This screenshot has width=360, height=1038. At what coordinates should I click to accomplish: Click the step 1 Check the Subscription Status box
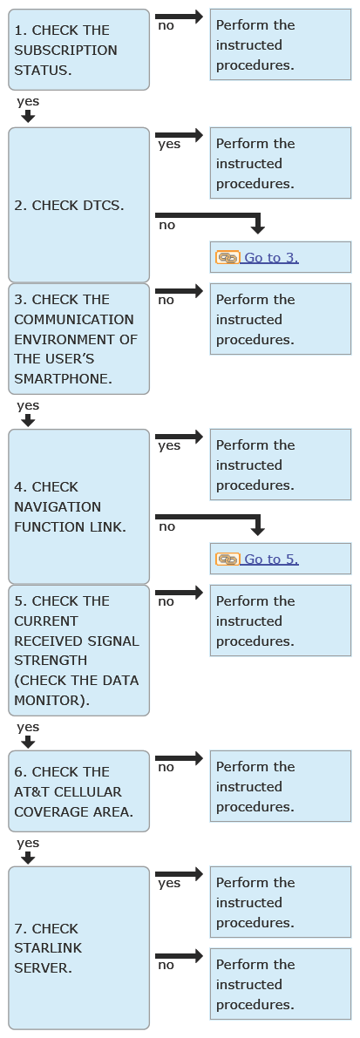click(78, 50)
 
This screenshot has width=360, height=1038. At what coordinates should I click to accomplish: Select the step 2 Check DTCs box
click(78, 205)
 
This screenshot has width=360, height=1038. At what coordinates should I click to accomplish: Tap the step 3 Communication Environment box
click(78, 339)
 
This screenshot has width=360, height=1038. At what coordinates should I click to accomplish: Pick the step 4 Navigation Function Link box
click(78, 506)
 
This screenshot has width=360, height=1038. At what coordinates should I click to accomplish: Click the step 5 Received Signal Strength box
click(78, 650)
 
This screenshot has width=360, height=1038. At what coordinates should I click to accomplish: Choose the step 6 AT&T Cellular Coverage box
click(78, 791)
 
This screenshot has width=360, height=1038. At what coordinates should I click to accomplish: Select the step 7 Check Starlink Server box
click(78, 948)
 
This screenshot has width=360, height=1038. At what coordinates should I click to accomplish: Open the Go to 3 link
click(271, 257)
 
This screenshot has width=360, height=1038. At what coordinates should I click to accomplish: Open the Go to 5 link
click(271, 560)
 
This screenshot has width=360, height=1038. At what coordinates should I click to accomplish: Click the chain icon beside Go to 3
click(228, 257)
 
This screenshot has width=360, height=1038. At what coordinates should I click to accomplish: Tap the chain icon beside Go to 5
click(228, 560)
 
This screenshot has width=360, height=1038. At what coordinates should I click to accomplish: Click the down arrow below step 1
click(28, 117)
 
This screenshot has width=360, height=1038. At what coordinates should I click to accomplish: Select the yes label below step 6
click(28, 843)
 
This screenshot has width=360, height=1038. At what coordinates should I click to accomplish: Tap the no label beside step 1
click(166, 25)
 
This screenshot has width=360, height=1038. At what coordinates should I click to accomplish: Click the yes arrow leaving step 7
click(179, 874)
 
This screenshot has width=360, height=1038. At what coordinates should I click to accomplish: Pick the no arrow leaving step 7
click(179, 956)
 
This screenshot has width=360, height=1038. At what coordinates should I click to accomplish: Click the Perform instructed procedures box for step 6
click(281, 786)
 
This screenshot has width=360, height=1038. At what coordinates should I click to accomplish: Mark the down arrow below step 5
click(28, 742)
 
